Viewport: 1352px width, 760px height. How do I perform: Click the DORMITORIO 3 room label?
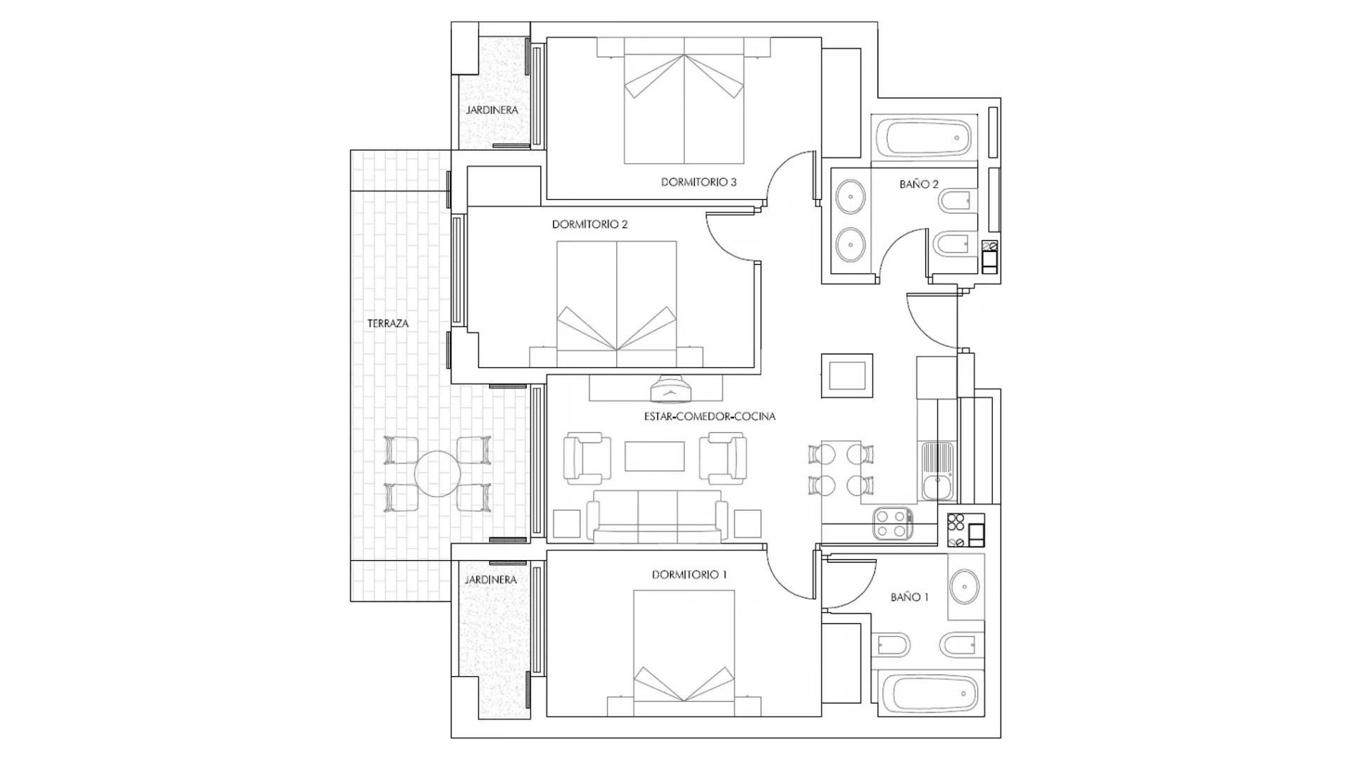pos(699,182)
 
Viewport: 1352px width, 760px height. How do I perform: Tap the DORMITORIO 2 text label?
pos(589,224)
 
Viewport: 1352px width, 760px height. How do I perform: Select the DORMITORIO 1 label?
pos(689,575)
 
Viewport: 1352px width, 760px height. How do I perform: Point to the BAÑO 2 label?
pos(919,184)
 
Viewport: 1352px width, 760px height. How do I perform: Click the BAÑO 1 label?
pos(909,597)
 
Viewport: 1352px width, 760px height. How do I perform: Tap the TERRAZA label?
pos(388,324)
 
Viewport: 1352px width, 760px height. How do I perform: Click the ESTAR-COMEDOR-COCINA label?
pos(710,417)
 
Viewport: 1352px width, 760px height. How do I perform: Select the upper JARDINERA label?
pos(492,110)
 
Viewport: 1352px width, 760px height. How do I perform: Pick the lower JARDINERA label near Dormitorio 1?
pos(491,580)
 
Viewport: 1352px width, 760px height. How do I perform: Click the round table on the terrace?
pos(437,474)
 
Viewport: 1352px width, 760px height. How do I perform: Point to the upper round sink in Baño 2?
pos(851,196)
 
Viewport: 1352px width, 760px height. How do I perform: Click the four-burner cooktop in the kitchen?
pos(892,524)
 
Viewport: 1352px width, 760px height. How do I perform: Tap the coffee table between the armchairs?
pos(654,456)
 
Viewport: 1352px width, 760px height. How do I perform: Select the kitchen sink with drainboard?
pos(937,470)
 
